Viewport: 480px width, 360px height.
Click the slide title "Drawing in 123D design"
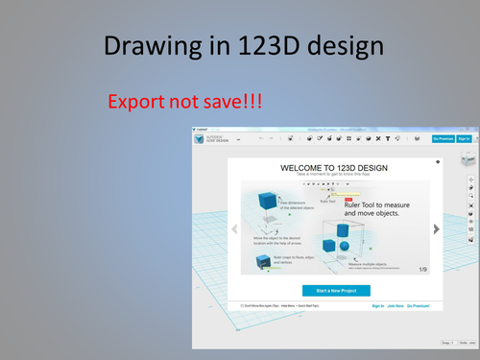click(239, 45)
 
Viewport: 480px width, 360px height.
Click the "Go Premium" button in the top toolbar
click(443, 138)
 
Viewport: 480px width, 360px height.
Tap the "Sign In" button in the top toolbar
click(465, 138)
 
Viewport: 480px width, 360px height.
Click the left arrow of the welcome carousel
click(234, 228)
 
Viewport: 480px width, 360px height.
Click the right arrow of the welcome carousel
click(436, 228)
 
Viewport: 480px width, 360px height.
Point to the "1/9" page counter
click(422, 269)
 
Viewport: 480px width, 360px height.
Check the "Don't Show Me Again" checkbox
click(243, 306)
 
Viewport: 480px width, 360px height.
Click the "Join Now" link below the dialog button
click(396, 306)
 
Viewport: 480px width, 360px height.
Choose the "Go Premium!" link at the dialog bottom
click(419, 306)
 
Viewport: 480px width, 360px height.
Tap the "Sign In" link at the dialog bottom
click(377, 306)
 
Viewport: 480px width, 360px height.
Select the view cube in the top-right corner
click(468, 159)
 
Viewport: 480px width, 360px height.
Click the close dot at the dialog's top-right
click(439, 162)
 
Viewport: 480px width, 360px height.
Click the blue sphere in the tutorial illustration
click(344, 247)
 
